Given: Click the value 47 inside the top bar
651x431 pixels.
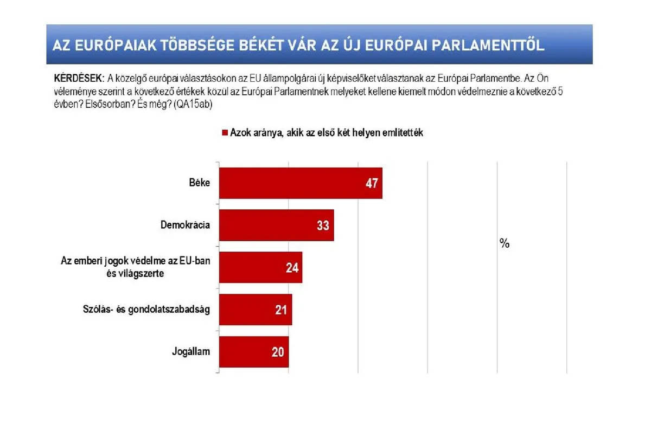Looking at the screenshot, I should [x=371, y=183].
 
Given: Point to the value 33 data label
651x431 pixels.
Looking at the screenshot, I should [x=323, y=225].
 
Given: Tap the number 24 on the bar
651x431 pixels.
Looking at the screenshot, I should [x=291, y=267].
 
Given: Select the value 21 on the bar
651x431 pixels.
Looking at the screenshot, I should [x=282, y=310].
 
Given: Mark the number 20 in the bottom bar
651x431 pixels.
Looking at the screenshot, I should [x=278, y=352].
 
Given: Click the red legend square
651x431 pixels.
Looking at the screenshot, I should [x=224, y=133].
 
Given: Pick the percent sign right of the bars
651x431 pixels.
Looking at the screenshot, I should [x=505, y=244].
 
